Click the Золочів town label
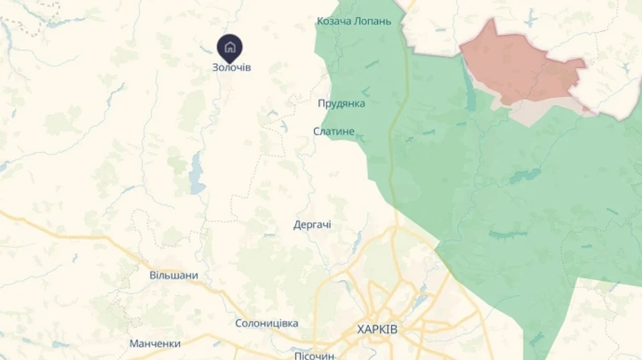click(231, 67)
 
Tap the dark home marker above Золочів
click(230, 48)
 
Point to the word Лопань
click(375, 21)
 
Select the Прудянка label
click(341, 103)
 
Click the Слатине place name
click(334, 131)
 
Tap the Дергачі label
click(312, 225)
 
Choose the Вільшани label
click(173, 275)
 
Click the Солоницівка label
click(267, 323)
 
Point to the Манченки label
click(155, 343)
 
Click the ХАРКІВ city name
click(377, 329)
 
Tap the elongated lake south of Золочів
click(197, 175)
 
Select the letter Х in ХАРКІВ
click(361, 329)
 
